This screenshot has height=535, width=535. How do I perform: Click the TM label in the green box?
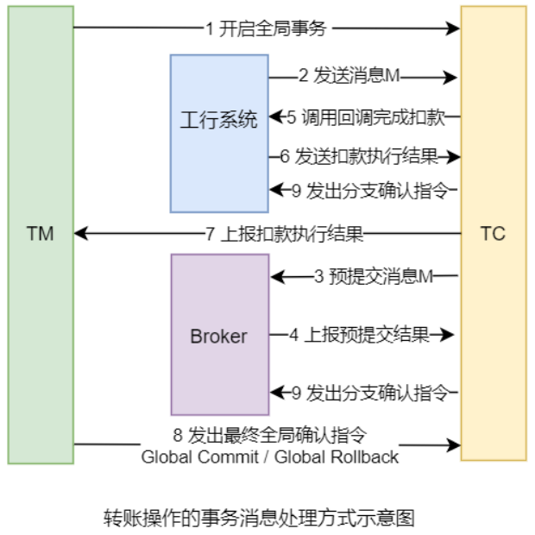point(41,234)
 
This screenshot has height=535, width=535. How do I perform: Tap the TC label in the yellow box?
point(493,234)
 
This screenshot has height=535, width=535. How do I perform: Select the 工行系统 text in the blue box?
point(218,120)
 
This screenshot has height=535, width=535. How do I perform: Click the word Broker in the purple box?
point(218,336)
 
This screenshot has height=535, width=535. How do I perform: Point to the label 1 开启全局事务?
point(266,28)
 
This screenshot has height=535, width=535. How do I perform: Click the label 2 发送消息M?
point(349,77)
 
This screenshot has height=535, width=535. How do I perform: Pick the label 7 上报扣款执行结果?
point(283,234)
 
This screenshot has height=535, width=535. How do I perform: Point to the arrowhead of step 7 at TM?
point(79,234)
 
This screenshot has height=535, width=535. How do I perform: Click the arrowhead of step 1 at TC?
point(454,28)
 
